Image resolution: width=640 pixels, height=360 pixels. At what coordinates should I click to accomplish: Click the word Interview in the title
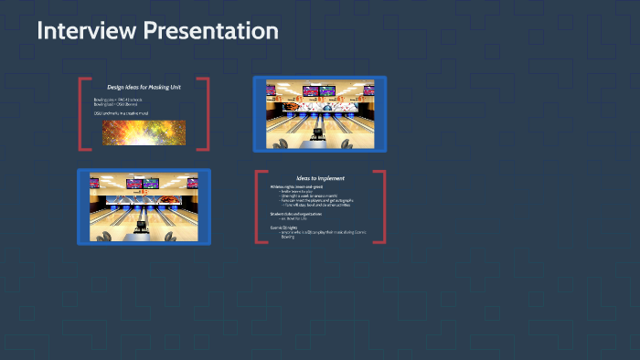pos(83,30)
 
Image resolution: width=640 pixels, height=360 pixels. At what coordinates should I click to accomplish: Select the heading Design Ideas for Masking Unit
pos(144,87)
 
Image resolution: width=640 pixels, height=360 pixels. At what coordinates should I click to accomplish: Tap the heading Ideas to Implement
pos(319,178)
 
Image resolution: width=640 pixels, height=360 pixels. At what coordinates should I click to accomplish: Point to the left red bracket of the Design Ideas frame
pos(81,113)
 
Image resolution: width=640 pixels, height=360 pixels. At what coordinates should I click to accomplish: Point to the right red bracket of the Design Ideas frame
pos(207,113)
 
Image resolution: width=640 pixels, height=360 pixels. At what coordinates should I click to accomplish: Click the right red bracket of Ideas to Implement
pos(382,206)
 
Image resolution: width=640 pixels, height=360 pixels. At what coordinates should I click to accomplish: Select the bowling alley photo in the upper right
pos(319,113)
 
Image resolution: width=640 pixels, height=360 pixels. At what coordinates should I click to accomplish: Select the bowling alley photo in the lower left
pos(144,206)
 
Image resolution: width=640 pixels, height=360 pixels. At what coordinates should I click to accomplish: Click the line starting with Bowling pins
pos(120,99)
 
